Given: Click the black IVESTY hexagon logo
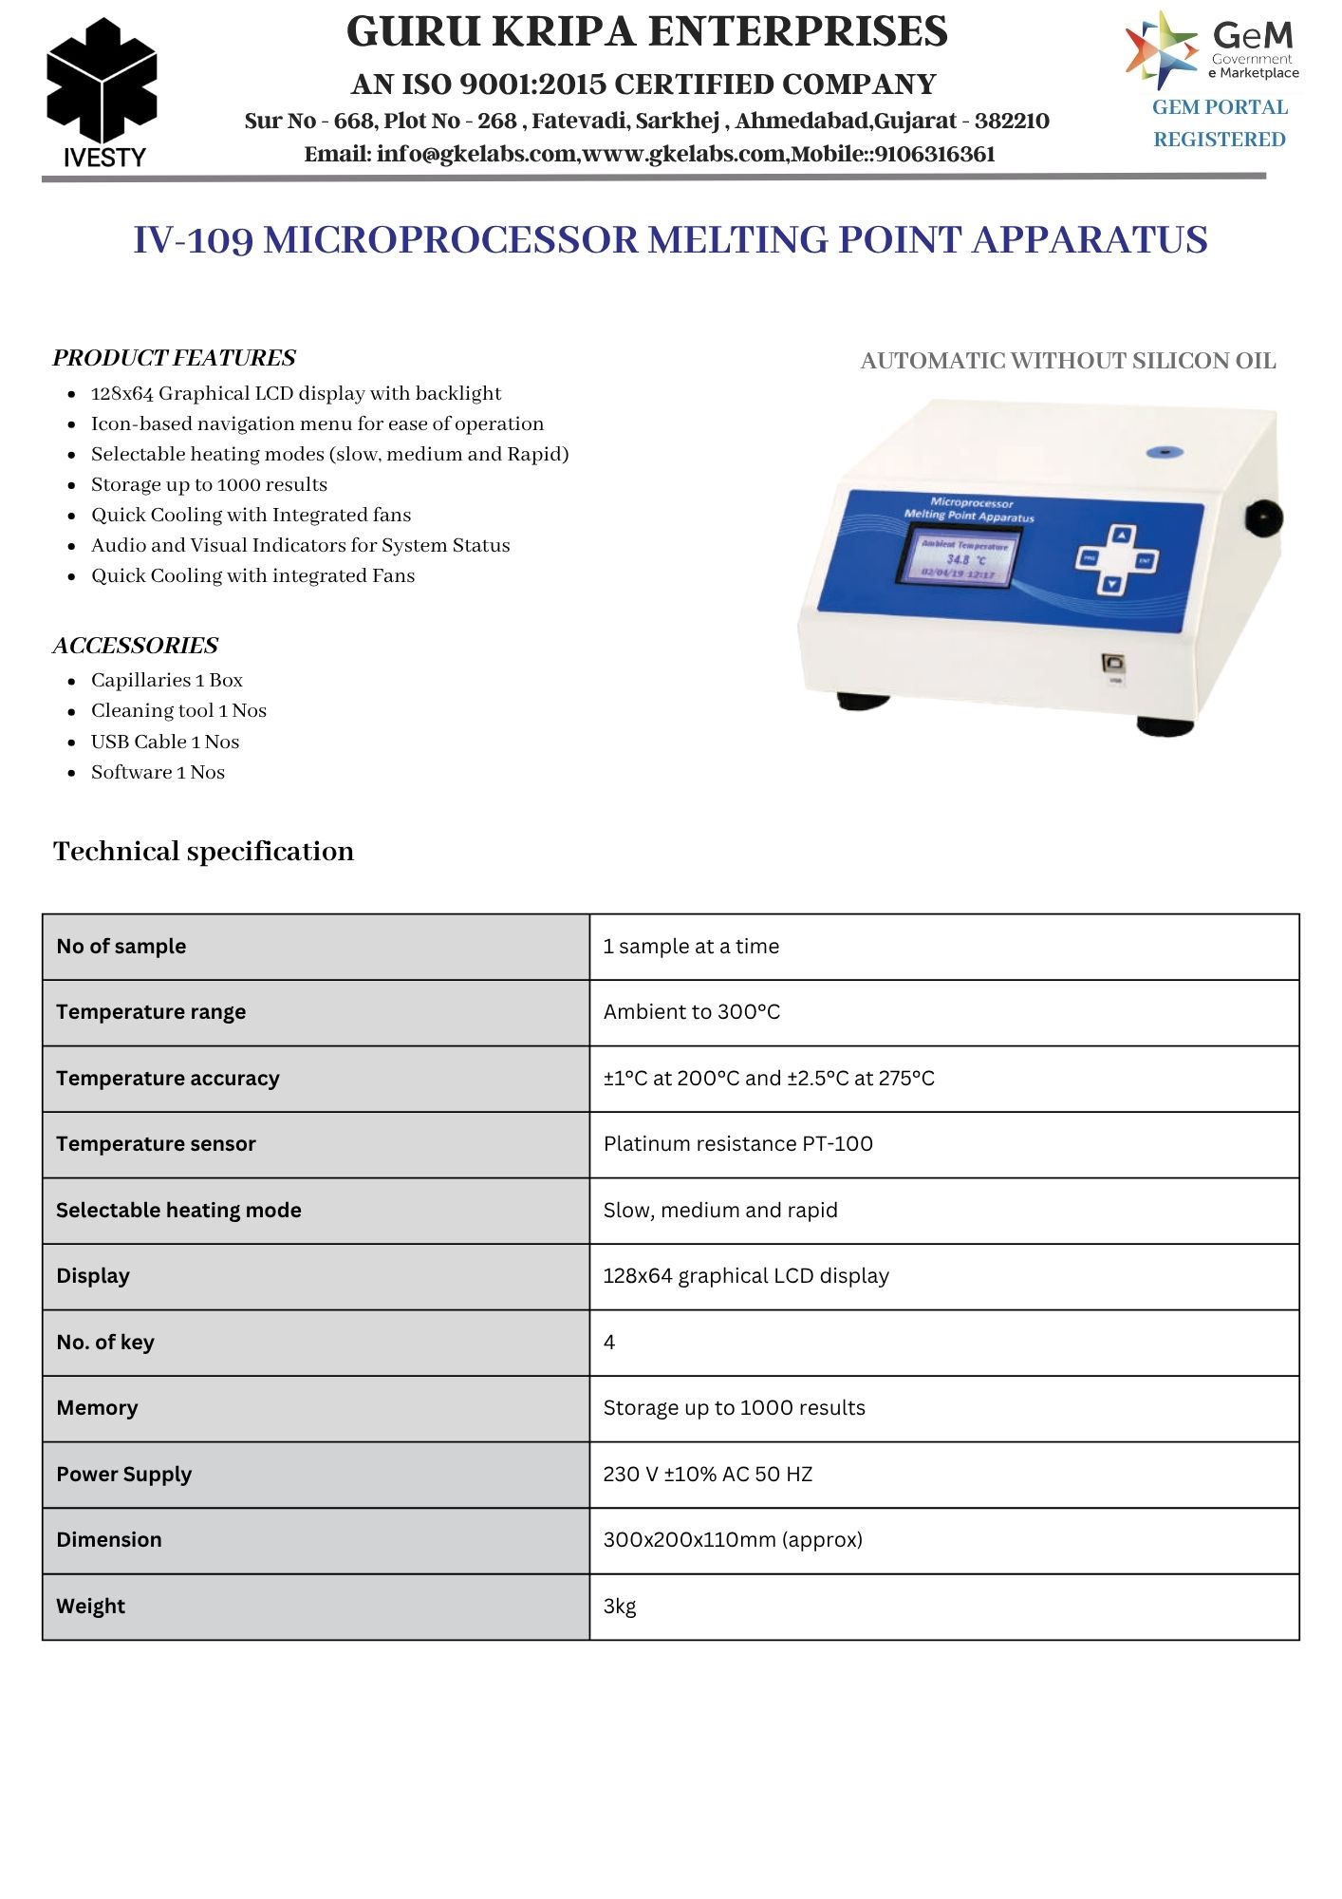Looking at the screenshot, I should (x=102, y=84).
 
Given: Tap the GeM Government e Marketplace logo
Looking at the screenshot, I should (x=1212, y=49).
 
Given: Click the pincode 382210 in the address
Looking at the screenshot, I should (x=1012, y=122).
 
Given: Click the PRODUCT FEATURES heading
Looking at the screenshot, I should (x=175, y=358).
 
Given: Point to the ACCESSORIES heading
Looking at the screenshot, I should (x=136, y=646).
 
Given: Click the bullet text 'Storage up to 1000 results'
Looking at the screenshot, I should (x=209, y=484).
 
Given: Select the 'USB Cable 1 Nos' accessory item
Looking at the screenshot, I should (x=165, y=742).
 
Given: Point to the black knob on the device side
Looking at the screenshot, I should (x=1263, y=518).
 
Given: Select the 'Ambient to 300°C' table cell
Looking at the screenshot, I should (x=692, y=1012).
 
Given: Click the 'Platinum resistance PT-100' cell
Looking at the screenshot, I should (x=738, y=1144).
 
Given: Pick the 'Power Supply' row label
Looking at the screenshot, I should (x=124, y=1475).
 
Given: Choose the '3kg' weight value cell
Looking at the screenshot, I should (x=620, y=1607).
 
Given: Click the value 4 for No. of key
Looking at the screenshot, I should (x=609, y=1343).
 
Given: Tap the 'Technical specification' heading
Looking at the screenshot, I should (x=203, y=851).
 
